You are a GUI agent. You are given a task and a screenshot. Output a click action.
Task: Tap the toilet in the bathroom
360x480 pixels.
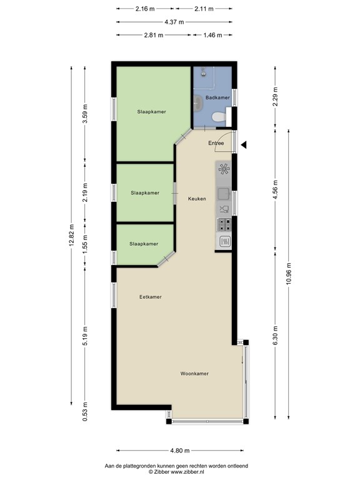[217, 117]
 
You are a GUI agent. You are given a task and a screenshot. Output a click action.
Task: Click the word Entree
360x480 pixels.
[216, 143]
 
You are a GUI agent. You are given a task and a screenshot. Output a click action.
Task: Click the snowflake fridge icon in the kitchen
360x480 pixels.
[224, 169]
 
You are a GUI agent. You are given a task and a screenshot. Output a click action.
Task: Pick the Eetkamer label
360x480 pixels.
[151, 297]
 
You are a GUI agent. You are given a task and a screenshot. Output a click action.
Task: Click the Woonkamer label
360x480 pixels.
[194, 374]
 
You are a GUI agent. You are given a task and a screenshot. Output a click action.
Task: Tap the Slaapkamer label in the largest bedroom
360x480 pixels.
[152, 111]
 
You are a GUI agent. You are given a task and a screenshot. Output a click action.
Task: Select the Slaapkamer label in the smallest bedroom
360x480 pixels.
[144, 244]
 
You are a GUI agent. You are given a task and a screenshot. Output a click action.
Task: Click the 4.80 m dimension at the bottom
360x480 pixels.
[180, 450]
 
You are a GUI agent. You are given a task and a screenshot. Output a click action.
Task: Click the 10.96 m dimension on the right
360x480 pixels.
[288, 272]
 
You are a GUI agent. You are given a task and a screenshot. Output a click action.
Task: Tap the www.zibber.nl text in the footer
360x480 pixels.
[197, 472]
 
